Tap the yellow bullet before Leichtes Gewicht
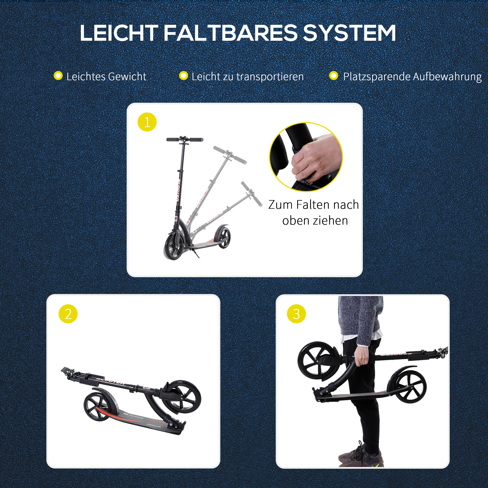coord(58,76)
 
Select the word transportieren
coord(270,77)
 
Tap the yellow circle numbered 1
coord(147,122)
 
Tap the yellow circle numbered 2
coord(68,314)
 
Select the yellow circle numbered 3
coord(296,314)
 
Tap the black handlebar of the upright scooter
coord(185,139)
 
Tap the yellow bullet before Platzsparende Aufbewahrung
coord(334,76)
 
